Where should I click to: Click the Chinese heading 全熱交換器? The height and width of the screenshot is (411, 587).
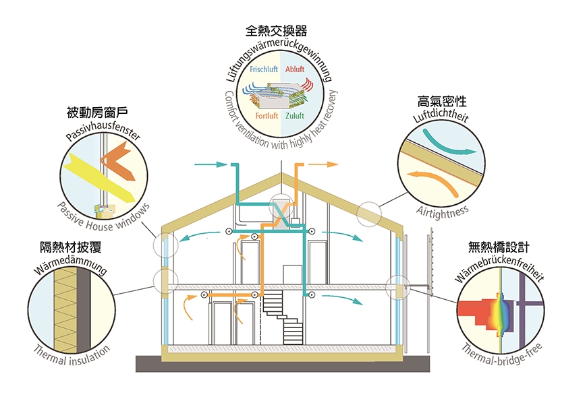click(x=278, y=31)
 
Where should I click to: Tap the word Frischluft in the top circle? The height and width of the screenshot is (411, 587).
click(x=264, y=69)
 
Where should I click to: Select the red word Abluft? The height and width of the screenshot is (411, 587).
click(x=295, y=69)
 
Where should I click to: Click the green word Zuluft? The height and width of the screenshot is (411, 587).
click(x=295, y=116)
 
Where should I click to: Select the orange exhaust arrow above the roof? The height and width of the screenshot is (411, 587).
click(x=325, y=164)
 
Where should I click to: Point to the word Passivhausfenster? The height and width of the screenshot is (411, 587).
click(x=103, y=130)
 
